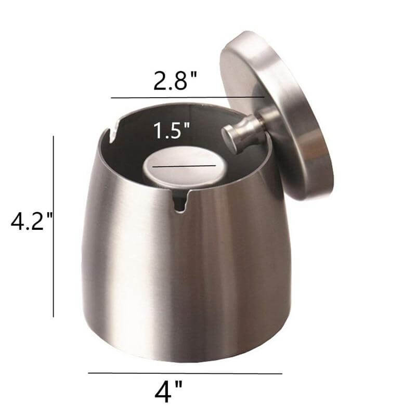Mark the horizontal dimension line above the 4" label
click(185, 373)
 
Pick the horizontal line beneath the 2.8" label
click(187, 97)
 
